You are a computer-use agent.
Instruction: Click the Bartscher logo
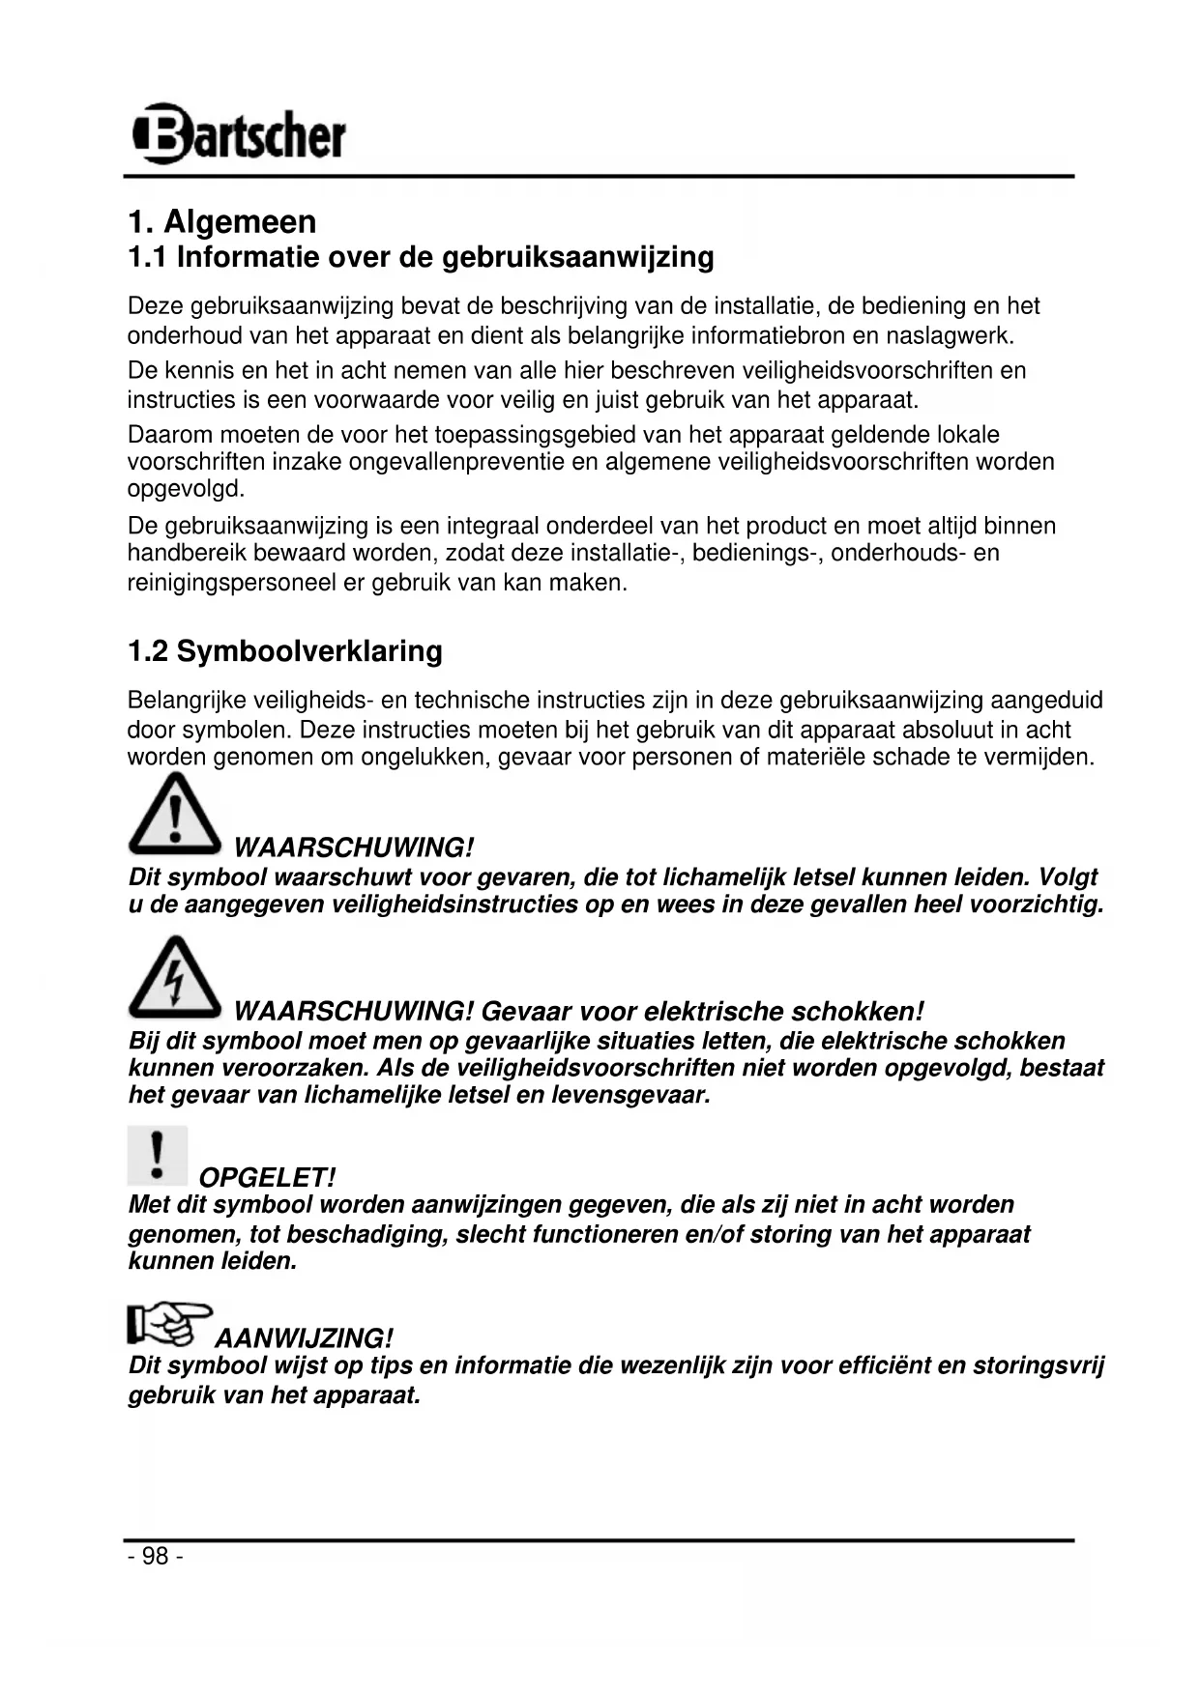point(238,134)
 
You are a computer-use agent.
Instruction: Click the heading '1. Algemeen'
point(222,222)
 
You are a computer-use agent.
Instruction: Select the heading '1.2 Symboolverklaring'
point(285,651)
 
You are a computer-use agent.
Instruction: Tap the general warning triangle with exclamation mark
point(174,814)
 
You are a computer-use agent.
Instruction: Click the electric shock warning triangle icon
point(174,977)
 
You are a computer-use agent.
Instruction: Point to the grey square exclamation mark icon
point(157,1155)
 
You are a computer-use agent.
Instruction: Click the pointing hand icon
point(167,1324)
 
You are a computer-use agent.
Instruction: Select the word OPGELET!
point(267,1178)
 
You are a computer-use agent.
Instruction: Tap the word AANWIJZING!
point(304,1339)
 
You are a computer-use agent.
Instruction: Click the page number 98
point(155,1557)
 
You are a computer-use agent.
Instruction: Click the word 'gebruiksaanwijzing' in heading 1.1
point(577,257)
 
